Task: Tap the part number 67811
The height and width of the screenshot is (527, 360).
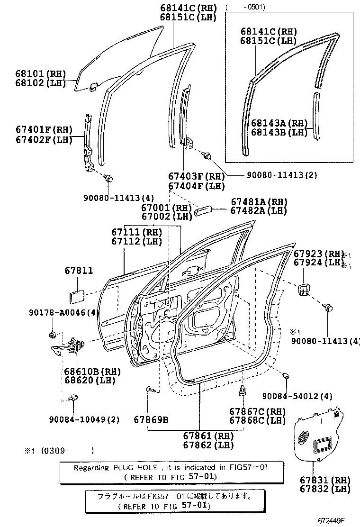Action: [79, 271]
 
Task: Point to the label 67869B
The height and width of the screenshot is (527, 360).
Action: [151, 419]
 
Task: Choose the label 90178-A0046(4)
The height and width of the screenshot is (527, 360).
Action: [64, 312]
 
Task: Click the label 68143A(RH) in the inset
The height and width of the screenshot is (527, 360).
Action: [279, 123]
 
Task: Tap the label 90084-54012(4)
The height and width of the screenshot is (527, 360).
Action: [297, 396]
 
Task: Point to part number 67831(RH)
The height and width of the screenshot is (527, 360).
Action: [324, 480]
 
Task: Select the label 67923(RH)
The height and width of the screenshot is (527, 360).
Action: [317, 254]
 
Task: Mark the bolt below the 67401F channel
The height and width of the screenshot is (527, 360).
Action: [108, 179]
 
